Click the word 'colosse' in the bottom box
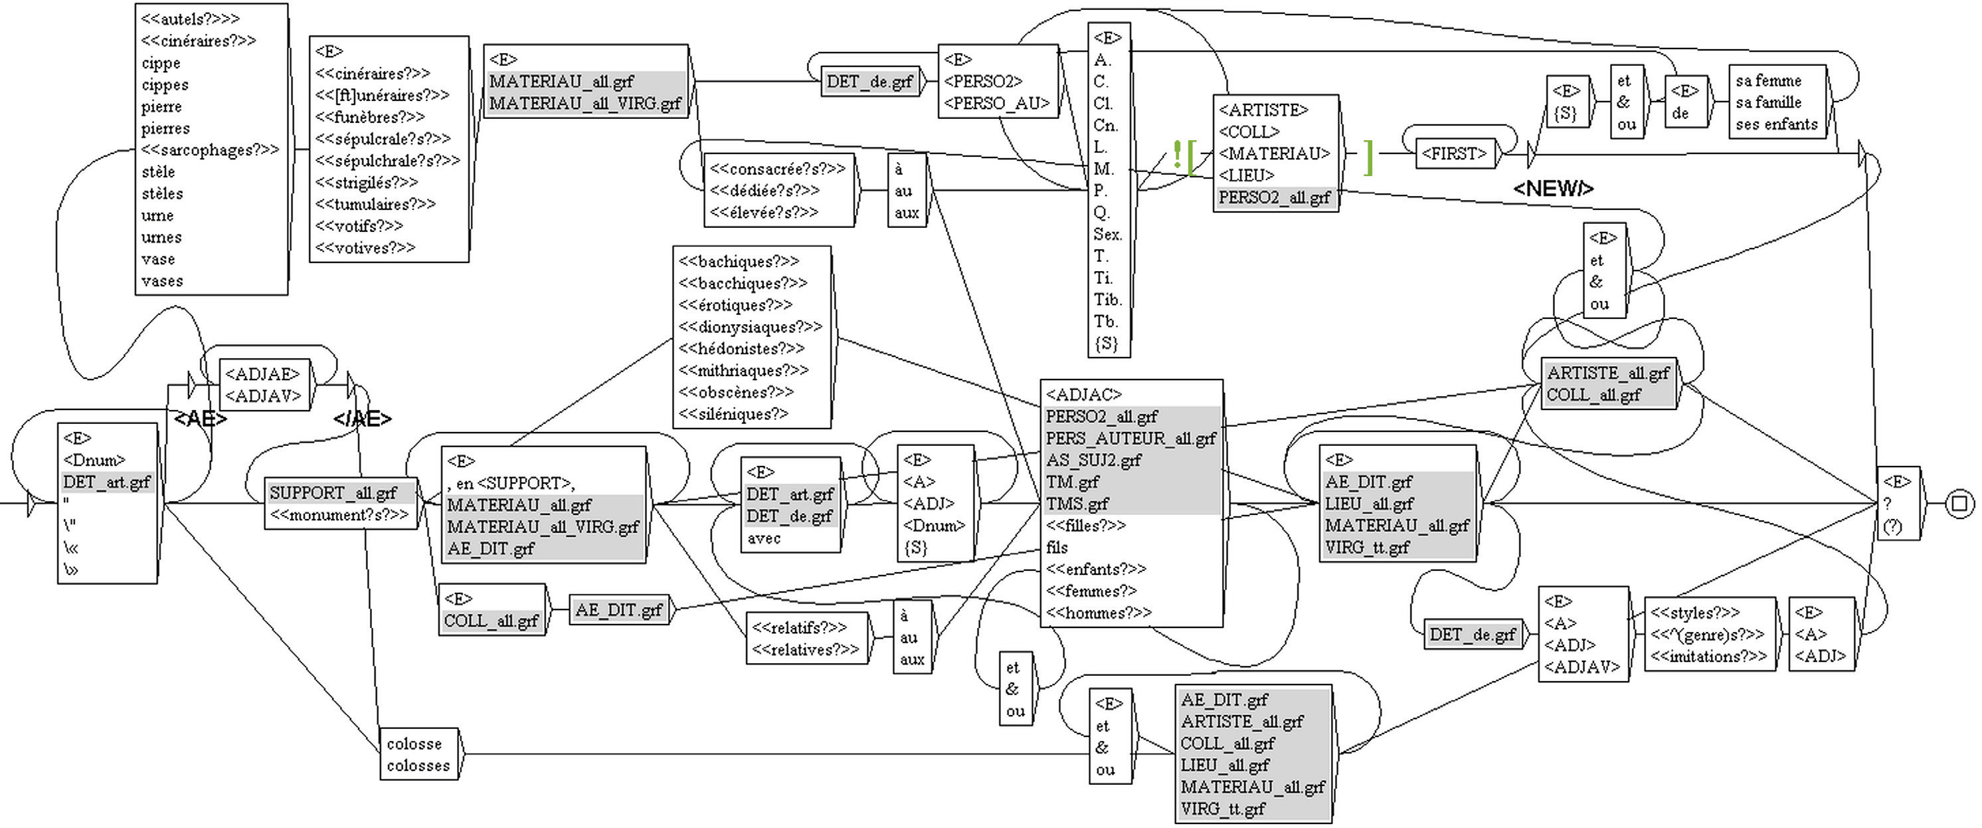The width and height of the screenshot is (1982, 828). (414, 744)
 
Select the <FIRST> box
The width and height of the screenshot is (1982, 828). (1453, 153)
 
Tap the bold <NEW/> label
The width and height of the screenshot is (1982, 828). (1553, 189)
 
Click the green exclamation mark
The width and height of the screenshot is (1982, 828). (1176, 155)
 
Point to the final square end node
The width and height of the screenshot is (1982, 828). (1959, 504)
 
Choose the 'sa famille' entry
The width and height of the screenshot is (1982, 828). (1768, 102)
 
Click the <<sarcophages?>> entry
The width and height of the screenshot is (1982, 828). (209, 150)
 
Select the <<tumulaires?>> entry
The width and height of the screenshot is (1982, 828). (375, 204)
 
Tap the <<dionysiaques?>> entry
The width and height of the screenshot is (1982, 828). (749, 327)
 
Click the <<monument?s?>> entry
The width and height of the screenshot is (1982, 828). (339, 515)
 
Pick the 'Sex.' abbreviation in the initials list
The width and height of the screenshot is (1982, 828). (1107, 234)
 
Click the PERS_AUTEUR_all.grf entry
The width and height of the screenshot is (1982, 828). (1130, 439)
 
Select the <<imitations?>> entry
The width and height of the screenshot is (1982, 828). (1708, 657)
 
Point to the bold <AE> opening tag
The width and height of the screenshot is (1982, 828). (201, 419)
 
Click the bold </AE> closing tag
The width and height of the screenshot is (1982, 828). (363, 419)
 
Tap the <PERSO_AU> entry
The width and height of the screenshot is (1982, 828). (996, 103)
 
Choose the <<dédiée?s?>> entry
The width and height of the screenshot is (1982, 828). (764, 190)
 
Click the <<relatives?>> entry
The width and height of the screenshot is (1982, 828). (805, 649)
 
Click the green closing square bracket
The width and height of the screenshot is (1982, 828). (1368, 157)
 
